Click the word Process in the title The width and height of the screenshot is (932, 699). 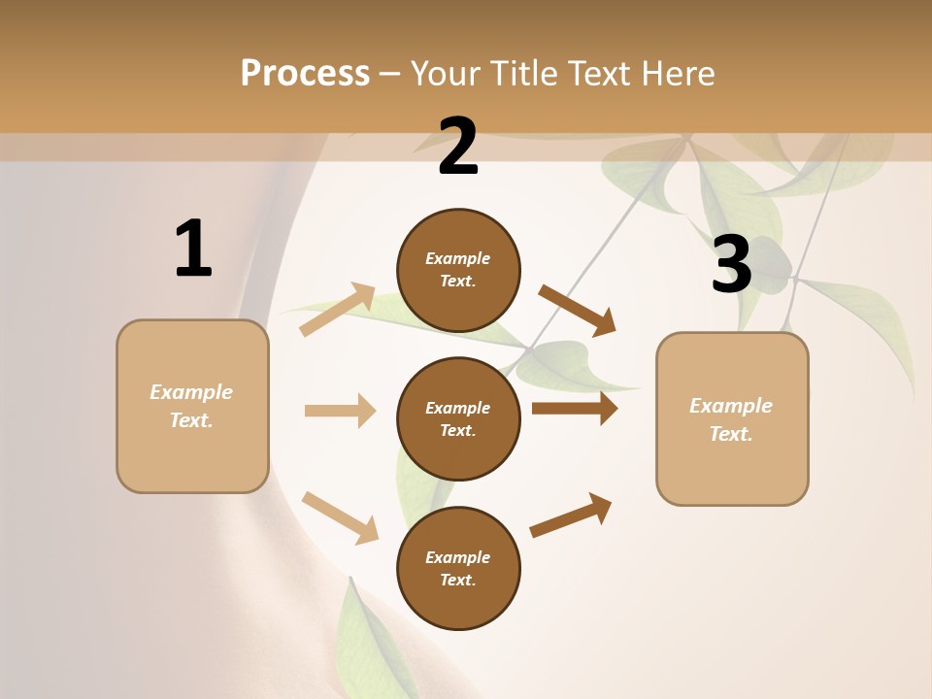(305, 74)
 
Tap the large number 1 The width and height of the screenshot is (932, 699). (193, 250)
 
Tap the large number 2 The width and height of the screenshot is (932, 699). (458, 147)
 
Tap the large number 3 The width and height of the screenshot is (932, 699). (731, 264)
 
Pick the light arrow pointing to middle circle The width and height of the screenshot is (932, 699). (340, 411)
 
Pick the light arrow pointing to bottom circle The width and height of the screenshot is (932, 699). (340, 517)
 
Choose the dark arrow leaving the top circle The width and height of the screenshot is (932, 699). (577, 310)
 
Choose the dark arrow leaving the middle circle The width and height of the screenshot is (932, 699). (574, 409)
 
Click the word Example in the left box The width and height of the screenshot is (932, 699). (191, 392)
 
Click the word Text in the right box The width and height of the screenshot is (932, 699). (730, 434)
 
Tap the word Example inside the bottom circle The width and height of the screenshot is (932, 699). (458, 557)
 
